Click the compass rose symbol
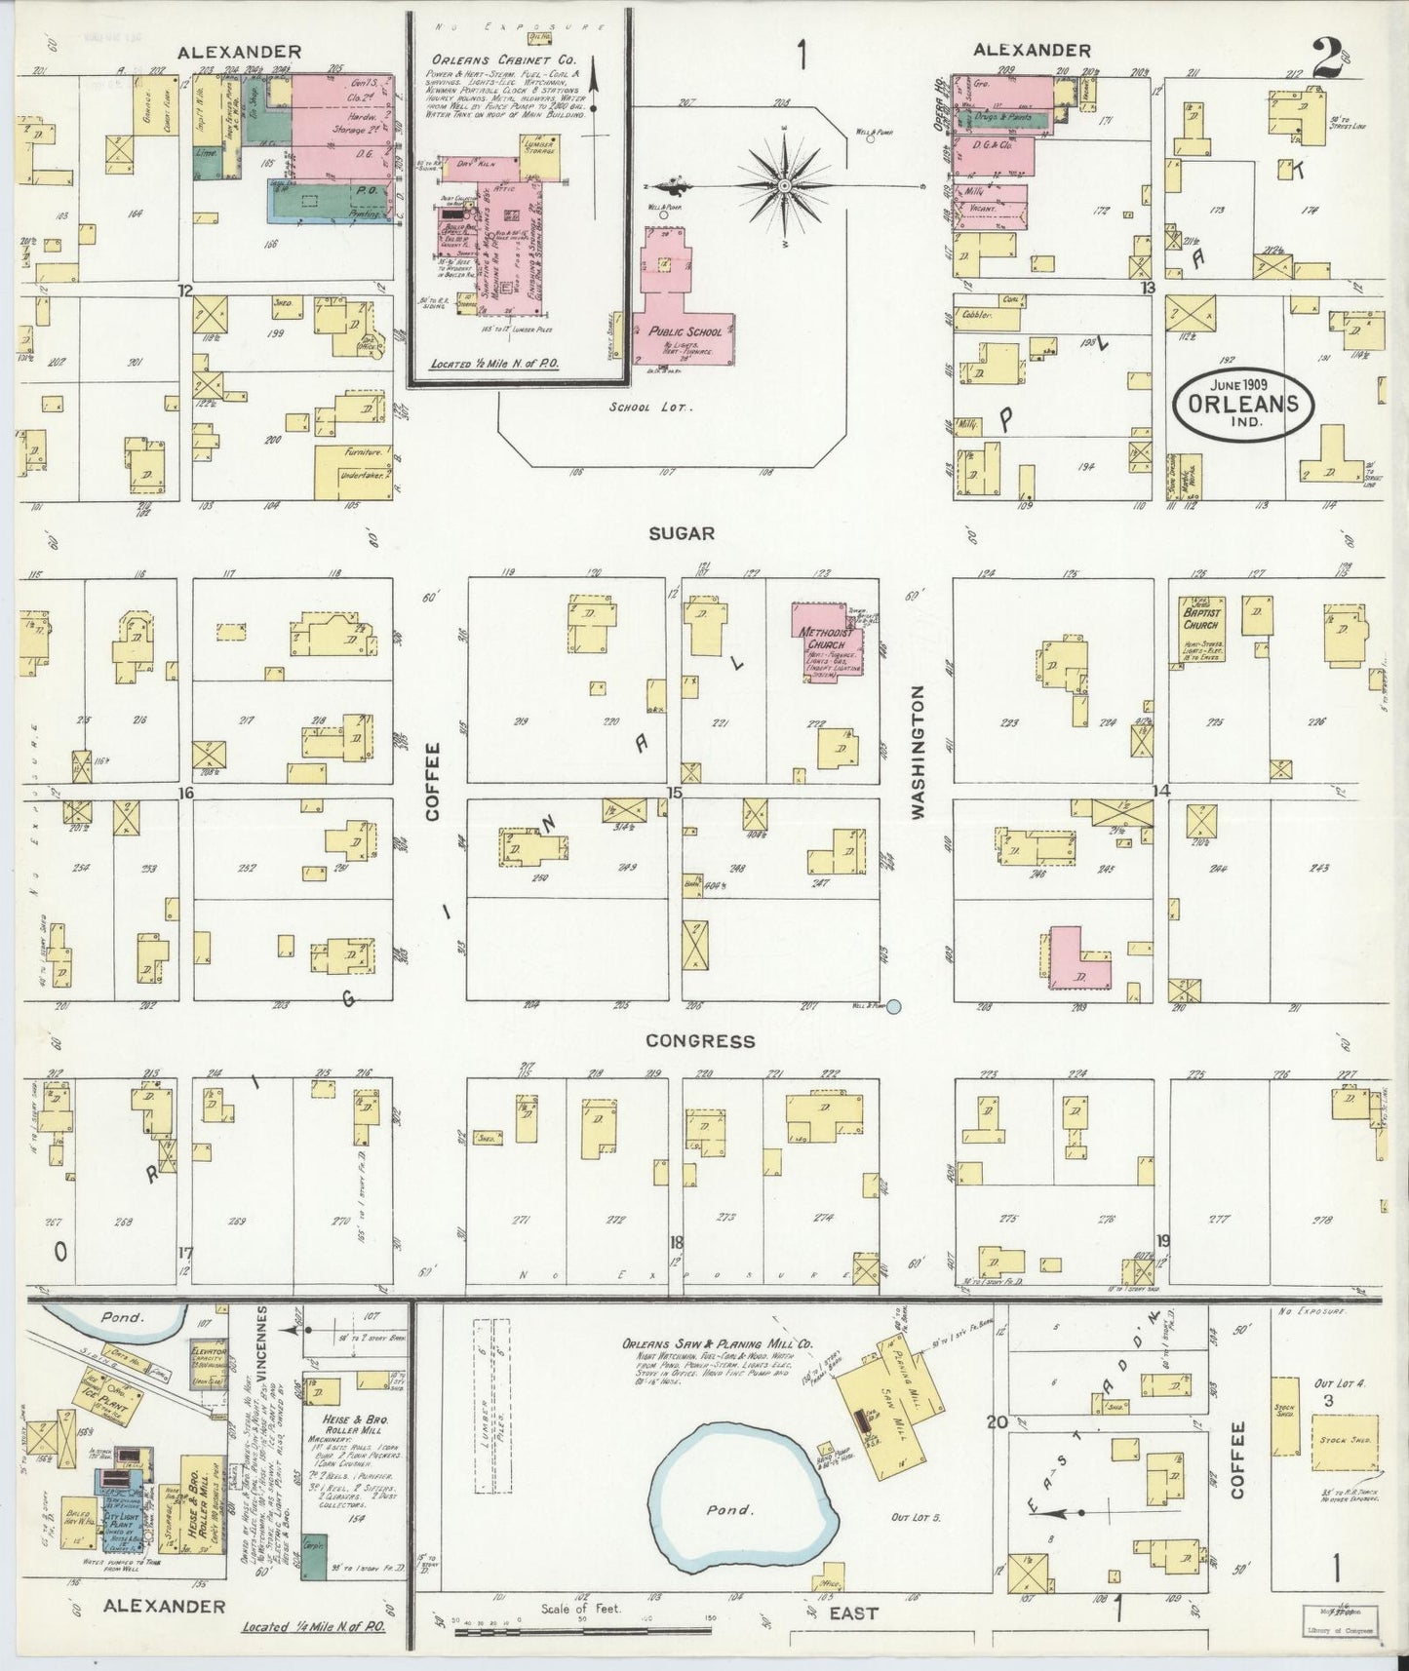point(784,184)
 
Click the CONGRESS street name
point(700,1040)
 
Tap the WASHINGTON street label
point(917,750)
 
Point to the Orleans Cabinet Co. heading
point(503,58)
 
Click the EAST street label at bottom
point(853,1613)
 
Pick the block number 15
point(673,792)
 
